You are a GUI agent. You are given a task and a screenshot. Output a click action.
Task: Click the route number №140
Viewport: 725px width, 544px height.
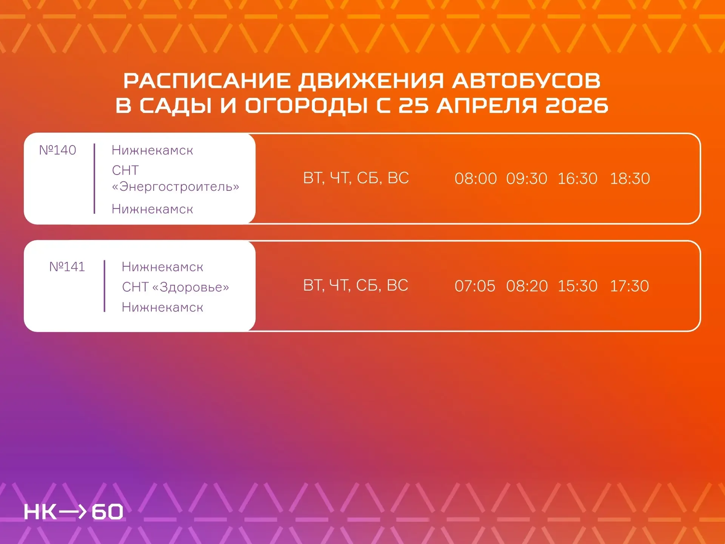57,150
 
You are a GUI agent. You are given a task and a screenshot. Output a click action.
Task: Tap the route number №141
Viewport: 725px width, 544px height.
67,267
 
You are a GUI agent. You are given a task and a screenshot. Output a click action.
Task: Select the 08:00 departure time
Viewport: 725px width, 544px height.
475,178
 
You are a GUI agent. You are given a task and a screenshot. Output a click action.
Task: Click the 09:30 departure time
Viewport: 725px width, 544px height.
527,178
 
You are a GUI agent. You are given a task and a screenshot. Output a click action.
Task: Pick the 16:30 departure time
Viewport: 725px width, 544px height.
577,178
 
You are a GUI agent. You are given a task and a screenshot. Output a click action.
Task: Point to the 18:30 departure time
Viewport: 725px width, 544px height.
630,178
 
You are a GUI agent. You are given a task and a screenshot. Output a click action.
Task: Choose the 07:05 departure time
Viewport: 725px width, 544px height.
475,286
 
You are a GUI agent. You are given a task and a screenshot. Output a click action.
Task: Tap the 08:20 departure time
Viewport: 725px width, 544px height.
527,286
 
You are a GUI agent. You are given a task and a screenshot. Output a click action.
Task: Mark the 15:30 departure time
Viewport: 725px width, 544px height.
577,286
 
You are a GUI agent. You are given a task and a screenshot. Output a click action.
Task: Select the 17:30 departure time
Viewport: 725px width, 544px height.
629,286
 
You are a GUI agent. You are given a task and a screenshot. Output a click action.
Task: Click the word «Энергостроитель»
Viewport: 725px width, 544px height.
176,187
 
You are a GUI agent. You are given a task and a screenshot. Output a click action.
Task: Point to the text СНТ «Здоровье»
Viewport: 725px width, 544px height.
176,287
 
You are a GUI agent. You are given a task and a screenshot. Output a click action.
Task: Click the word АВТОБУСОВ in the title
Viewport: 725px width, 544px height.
526,80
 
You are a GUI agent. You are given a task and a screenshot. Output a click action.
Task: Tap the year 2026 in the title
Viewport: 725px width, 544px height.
577,105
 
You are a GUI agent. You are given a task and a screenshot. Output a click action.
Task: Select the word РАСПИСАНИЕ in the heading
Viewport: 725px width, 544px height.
207,80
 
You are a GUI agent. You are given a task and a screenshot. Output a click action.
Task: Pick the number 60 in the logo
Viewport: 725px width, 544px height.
107,512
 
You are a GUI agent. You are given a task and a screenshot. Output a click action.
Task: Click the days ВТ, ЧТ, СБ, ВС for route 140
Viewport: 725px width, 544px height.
356,178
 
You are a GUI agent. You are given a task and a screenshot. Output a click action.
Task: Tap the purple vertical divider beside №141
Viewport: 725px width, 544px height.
105,286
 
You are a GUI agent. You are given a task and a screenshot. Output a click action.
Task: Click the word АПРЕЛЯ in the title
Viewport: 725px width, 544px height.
487,105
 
